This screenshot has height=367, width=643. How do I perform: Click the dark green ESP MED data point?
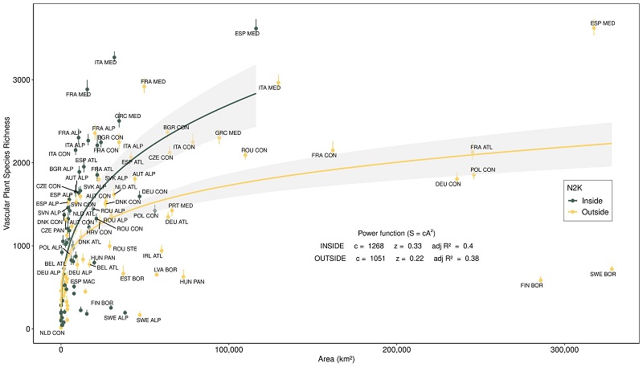(x=256, y=28)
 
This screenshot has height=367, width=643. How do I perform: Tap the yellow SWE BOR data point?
(x=612, y=269)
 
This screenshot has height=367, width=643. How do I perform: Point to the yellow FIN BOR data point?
(x=541, y=279)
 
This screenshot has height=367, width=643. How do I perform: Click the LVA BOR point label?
(x=165, y=269)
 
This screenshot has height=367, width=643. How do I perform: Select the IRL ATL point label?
(x=152, y=256)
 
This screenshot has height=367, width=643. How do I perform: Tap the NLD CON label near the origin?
(x=51, y=332)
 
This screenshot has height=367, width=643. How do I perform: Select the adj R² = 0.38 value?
(x=457, y=259)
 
